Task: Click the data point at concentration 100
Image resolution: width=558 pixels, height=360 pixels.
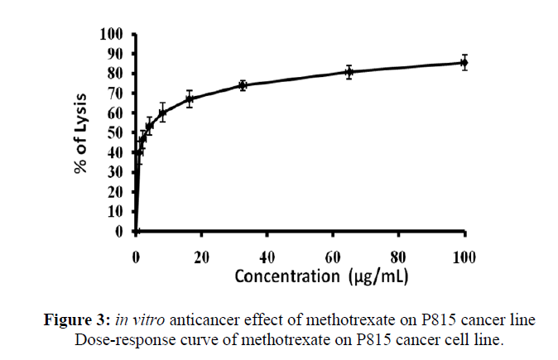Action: [464, 63]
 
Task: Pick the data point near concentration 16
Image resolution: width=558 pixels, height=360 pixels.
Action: [190, 99]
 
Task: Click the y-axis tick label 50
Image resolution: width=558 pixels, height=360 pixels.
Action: [115, 132]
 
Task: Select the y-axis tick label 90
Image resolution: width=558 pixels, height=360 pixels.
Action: [115, 54]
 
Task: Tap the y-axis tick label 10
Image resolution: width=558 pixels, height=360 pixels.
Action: [115, 212]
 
